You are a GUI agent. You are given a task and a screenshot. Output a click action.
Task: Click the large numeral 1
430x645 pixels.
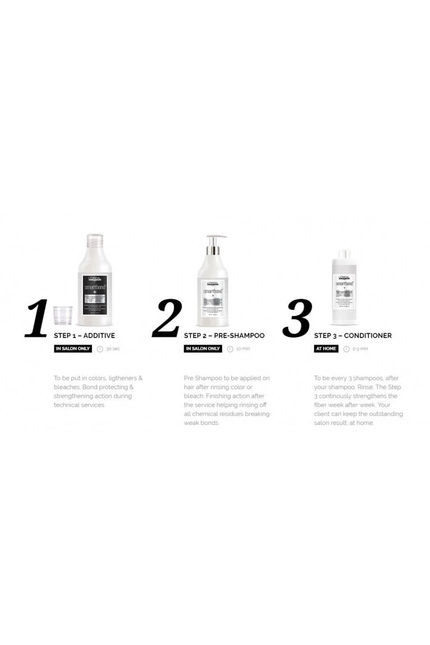37,318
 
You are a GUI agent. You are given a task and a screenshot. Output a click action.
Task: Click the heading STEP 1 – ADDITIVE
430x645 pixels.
84,336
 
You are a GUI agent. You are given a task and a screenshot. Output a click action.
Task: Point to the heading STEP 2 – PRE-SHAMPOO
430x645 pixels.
224,336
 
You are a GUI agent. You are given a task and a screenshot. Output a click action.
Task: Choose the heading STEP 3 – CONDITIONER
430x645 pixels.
353,336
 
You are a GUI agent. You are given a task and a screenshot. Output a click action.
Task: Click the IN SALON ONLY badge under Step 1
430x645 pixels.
73,349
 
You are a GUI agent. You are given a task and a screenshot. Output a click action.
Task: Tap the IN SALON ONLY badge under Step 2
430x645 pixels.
203,349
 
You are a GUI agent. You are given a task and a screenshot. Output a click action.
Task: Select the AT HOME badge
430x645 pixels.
326,349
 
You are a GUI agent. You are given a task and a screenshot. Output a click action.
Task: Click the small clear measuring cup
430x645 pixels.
63,315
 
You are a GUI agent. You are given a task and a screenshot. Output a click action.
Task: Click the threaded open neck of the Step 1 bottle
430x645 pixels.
94,241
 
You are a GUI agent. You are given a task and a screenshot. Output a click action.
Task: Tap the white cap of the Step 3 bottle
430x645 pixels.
345,256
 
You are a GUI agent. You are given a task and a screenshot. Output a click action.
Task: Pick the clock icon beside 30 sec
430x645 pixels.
100,349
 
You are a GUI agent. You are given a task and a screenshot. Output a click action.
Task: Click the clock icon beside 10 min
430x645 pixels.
230,349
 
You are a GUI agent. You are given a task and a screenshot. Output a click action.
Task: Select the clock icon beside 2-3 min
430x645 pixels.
346,349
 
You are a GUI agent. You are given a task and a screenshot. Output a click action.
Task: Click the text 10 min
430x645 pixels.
243,349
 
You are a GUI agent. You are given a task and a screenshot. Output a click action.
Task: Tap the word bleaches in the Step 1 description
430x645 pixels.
69,387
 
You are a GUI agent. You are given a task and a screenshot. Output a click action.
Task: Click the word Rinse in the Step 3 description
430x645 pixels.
362,387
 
